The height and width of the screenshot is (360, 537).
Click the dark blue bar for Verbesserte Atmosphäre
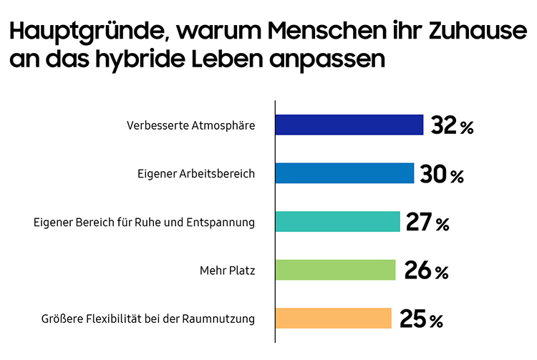pyautogui.click(x=349, y=125)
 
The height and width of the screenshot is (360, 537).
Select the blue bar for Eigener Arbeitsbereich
pyautogui.click(x=344, y=173)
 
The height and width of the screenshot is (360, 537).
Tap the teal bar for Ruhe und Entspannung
pyautogui.click(x=337, y=222)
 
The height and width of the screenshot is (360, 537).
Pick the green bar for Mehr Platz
pyautogui.click(x=335, y=270)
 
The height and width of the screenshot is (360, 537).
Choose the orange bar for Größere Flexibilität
pyautogui.click(x=334, y=318)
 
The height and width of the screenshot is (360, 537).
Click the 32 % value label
pyautogui.click(x=453, y=126)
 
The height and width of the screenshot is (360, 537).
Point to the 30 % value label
pyautogui.click(x=443, y=174)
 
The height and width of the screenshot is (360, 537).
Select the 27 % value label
pyautogui.click(x=427, y=223)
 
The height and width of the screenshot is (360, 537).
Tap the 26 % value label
pyautogui.click(x=426, y=271)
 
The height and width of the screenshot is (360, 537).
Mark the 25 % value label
pyautogui.click(x=422, y=319)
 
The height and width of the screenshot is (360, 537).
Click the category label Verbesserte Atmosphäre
pyautogui.click(x=190, y=125)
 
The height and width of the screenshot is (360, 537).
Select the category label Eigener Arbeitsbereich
pyautogui.click(x=195, y=174)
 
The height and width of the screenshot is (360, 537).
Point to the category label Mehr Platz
pyautogui.click(x=227, y=271)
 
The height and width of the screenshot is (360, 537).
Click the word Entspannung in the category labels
pyautogui.click(x=222, y=223)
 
